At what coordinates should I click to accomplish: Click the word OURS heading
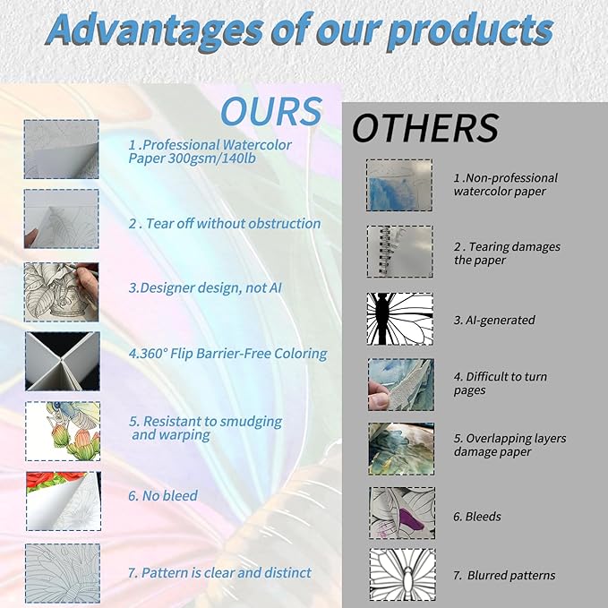pyautogui.click(x=271, y=111)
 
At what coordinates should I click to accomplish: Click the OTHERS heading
pyautogui.click(x=425, y=128)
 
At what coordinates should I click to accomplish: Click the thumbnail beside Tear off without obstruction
pyautogui.click(x=61, y=218)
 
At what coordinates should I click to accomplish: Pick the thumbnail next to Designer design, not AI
pyautogui.click(x=61, y=292)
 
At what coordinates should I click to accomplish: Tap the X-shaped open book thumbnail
pyautogui.click(x=63, y=361)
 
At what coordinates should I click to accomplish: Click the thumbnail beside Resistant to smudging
pyautogui.click(x=63, y=432)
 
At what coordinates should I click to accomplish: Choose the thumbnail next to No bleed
pyautogui.click(x=64, y=501)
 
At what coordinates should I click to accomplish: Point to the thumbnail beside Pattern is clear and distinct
pyautogui.click(x=63, y=573)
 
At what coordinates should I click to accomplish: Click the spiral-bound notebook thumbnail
pyautogui.click(x=399, y=252)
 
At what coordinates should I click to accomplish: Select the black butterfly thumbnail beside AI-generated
pyautogui.click(x=399, y=319)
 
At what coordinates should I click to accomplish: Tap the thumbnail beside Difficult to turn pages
pyautogui.click(x=401, y=385)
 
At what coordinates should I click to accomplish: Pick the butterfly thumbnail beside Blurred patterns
pyautogui.click(x=402, y=574)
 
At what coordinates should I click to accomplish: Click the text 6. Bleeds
pyautogui.click(x=477, y=517)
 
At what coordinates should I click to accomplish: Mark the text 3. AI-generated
pyautogui.click(x=494, y=320)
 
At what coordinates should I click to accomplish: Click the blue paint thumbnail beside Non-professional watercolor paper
pyautogui.click(x=399, y=185)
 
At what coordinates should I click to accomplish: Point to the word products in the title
pyautogui.click(x=470, y=32)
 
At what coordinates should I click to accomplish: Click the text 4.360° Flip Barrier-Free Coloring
pyautogui.click(x=228, y=354)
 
